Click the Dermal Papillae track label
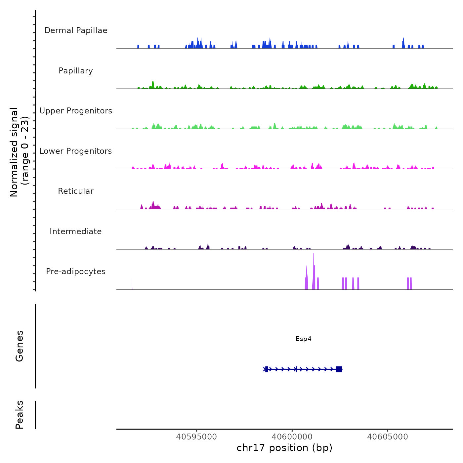76,30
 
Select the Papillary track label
76,71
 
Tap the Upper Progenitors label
76,111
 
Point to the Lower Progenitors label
76,151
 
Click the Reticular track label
76,191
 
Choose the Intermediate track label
76,232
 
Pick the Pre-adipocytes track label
76,272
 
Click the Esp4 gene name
303,339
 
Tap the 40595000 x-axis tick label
196,437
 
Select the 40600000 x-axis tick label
292,437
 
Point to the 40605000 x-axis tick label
388,437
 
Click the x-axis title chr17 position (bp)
284,448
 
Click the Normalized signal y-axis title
19,152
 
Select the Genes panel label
20,346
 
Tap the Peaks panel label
20,415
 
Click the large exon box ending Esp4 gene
339,369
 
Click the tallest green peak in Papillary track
153,83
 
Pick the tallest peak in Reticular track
153,203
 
